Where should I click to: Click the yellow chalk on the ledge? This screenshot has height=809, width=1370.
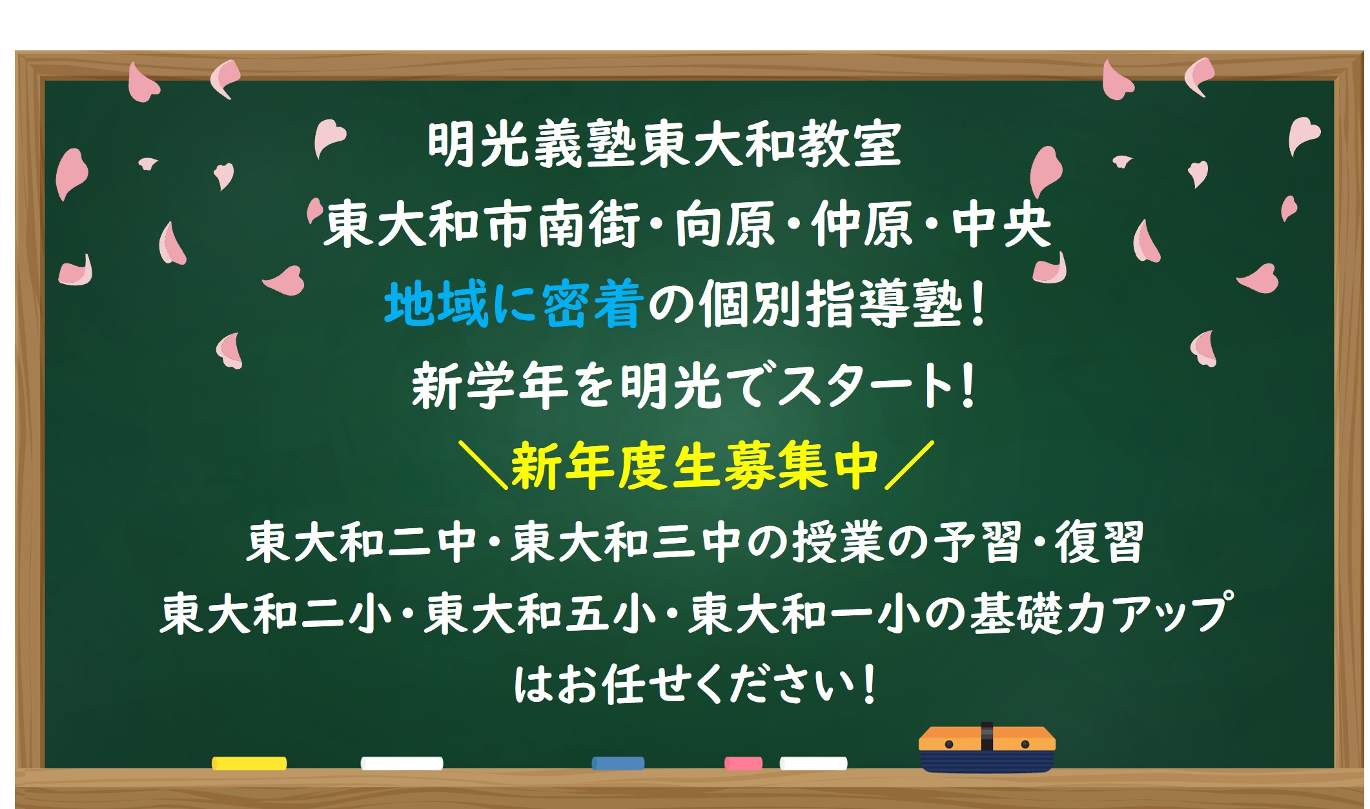coord(249,763)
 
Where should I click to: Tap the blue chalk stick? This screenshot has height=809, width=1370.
coord(618,763)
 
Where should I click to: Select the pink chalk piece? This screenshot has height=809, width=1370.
coord(743,763)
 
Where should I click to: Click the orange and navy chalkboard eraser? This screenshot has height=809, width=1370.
coord(987,749)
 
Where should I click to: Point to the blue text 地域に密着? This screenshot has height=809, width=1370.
coord(513,305)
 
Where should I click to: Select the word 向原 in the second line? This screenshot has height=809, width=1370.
coord(724,224)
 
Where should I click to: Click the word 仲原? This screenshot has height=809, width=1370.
coord(861,224)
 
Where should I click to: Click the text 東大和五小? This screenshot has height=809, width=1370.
coord(539,613)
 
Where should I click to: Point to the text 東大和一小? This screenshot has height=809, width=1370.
coord(804,613)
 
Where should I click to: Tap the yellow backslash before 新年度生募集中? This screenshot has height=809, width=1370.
coord(483,465)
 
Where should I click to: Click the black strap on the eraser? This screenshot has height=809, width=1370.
coord(987,737)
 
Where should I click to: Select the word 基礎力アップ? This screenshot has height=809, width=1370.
coord(1101,613)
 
